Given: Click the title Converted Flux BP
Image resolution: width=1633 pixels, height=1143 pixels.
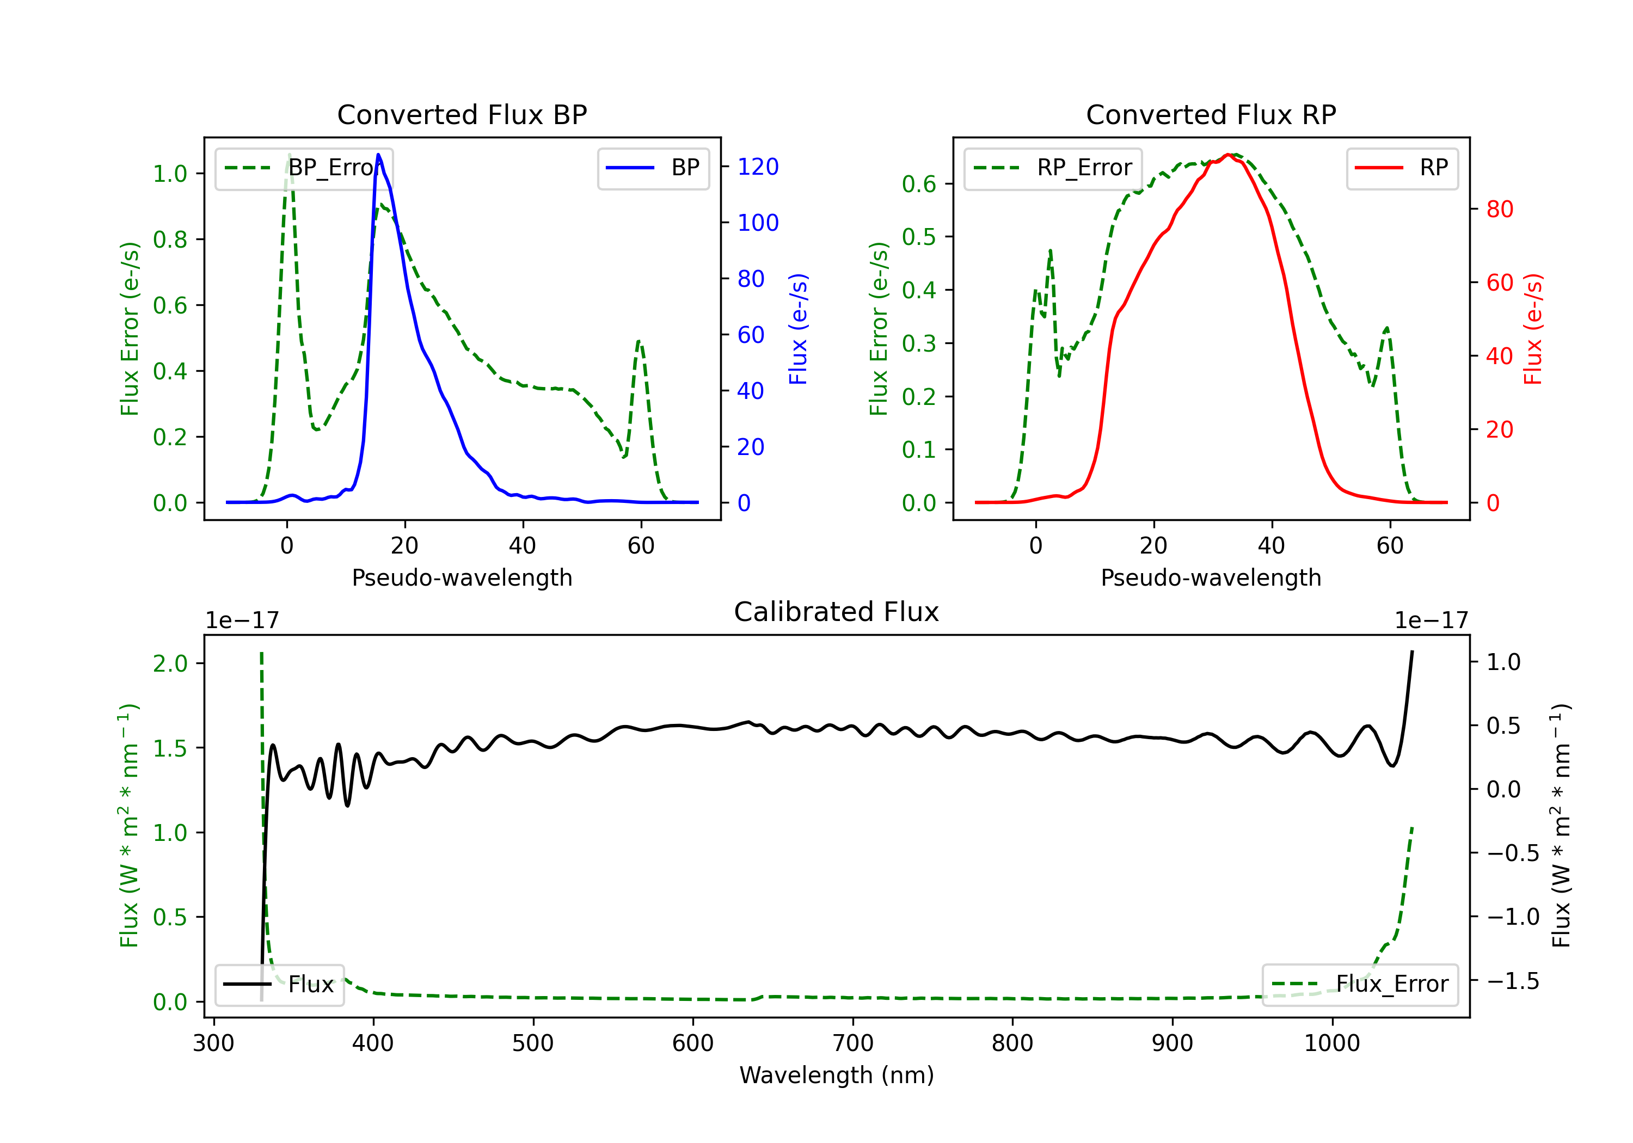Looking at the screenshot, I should (x=462, y=114).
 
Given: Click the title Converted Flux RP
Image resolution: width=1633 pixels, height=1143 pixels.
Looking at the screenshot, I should (x=1211, y=114).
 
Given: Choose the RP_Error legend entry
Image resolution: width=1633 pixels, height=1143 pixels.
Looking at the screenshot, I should (x=1053, y=168).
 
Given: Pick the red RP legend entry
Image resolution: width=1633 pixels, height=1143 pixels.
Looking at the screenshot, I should (x=1402, y=168).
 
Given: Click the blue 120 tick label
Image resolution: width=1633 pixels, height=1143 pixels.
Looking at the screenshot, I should (x=758, y=167).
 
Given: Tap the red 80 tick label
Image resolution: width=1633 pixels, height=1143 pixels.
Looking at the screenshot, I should (x=1499, y=209).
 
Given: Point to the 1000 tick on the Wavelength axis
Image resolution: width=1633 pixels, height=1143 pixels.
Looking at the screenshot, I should (x=1331, y=1043).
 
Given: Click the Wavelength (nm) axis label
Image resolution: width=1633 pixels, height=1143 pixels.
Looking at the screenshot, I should (x=837, y=1075).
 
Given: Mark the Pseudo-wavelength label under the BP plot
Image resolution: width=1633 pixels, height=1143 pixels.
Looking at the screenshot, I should (x=462, y=577).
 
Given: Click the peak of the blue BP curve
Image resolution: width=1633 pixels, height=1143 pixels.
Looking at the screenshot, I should (x=378, y=155).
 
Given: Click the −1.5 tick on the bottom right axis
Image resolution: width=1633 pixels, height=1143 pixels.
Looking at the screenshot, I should (x=1512, y=981).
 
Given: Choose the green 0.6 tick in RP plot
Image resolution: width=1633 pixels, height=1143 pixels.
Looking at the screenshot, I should (x=919, y=184).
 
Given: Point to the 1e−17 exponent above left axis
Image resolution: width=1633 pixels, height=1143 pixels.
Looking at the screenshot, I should (x=242, y=620).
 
